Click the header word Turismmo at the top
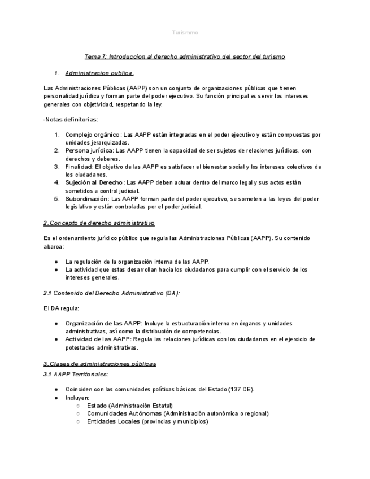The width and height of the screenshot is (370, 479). [x=185, y=33]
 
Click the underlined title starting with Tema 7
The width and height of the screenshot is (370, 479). [x=185, y=56]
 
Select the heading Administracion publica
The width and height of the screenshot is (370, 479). [x=99, y=73]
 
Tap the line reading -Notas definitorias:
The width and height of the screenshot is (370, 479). [x=71, y=119]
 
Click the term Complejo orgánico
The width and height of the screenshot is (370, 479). [x=93, y=134]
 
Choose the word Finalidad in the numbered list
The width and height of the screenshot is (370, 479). [x=79, y=167]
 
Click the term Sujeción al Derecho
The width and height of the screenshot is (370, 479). [x=94, y=182]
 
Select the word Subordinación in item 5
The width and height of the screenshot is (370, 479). [x=87, y=199]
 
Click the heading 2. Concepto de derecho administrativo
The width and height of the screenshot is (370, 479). [x=99, y=223]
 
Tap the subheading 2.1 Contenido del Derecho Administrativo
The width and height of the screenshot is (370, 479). [x=112, y=293]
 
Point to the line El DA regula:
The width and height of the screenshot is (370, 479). [x=61, y=308]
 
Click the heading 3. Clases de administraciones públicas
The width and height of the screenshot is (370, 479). [x=99, y=364]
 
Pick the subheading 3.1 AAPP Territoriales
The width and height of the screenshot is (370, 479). [x=76, y=374]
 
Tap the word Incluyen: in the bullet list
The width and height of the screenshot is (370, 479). [x=77, y=398]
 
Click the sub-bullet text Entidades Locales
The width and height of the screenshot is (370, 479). [x=113, y=421]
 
